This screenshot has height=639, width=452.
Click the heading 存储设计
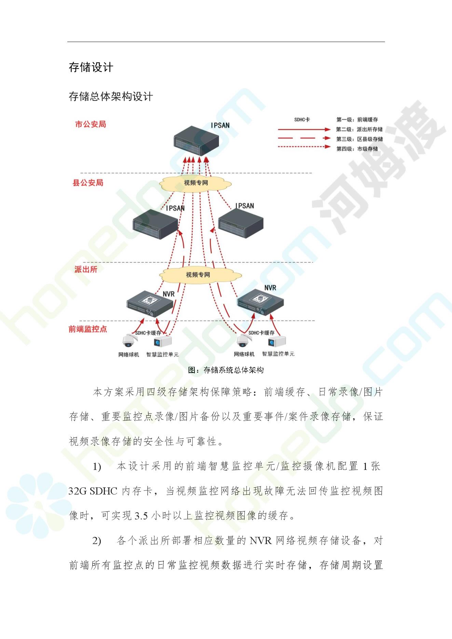(x=91, y=67)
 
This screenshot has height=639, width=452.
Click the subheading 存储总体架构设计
(x=111, y=96)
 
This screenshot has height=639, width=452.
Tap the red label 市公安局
(x=91, y=124)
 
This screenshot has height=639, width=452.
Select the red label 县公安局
(x=88, y=183)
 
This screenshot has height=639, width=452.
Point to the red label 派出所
(x=86, y=269)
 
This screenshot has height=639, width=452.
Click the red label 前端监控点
(x=88, y=329)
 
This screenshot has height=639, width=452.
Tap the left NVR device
(x=150, y=304)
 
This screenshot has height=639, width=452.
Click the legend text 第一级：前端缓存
(x=357, y=120)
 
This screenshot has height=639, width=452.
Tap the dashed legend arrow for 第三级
(x=304, y=139)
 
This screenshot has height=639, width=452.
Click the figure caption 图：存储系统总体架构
(x=226, y=370)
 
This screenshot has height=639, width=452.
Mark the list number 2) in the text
(x=97, y=541)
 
